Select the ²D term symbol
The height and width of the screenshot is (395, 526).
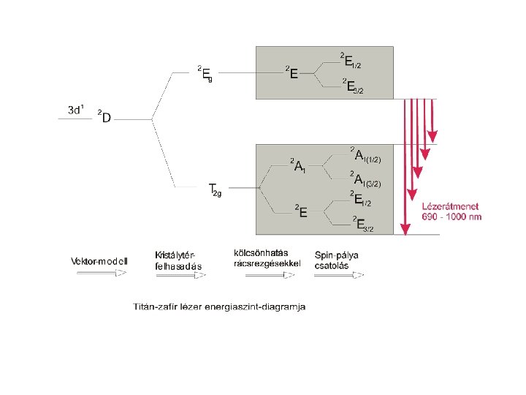click(104, 116)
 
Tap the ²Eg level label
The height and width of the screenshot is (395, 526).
click(205, 72)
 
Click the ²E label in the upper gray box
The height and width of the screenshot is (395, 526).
click(291, 73)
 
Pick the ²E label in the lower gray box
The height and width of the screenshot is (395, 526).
click(300, 211)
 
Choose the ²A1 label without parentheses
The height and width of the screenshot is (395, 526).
click(297, 165)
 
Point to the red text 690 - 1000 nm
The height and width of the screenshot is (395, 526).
click(452, 217)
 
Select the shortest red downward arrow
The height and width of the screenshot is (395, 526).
click(432, 120)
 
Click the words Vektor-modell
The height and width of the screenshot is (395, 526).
click(99, 261)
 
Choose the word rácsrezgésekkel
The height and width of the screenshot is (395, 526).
click(267, 263)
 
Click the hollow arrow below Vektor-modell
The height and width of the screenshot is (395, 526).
click(99, 273)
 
